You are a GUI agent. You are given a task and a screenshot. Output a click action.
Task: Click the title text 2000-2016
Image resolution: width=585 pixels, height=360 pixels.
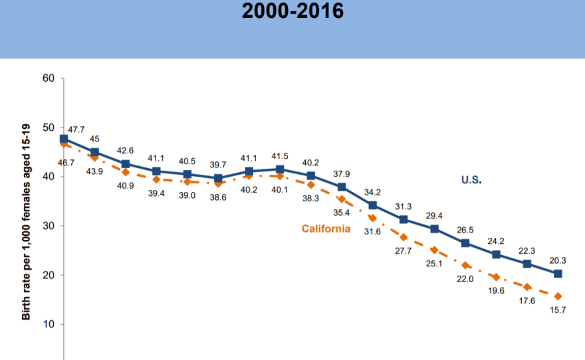(292, 11)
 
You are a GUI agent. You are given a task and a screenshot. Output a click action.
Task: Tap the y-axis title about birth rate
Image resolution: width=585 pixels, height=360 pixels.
(27, 210)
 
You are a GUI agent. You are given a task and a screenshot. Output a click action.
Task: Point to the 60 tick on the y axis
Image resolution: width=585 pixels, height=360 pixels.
(48, 78)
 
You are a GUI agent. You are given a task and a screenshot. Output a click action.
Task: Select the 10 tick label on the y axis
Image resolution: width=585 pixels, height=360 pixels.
(48, 324)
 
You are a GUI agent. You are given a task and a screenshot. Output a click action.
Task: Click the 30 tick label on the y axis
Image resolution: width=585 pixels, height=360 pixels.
(48, 226)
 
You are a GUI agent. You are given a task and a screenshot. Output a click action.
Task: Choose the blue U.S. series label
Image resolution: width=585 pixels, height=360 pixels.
(471, 180)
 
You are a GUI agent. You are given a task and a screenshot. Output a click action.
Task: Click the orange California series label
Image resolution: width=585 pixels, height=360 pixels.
(326, 229)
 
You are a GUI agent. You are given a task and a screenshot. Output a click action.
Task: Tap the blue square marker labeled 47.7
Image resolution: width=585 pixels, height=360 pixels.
(64, 139)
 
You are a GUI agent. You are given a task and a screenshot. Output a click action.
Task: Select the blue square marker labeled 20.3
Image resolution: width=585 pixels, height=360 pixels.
(558, 274)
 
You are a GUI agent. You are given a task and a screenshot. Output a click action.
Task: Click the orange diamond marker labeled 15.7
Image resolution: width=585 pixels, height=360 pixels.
(558, 296)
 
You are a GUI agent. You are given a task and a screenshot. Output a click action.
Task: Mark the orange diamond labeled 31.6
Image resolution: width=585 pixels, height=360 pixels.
(372, 218)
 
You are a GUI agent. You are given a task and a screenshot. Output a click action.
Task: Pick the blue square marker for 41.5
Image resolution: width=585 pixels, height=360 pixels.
(280, 169)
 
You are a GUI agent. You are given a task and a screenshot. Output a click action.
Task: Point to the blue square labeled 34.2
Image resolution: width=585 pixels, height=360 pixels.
(372, 205)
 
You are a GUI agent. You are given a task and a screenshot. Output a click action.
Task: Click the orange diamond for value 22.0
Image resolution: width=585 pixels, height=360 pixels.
(465, 265)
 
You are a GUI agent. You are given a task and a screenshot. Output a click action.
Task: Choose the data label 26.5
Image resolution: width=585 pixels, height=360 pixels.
(465, 230)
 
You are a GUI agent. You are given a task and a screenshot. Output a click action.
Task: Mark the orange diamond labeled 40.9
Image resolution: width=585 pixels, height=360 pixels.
(126, 172)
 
